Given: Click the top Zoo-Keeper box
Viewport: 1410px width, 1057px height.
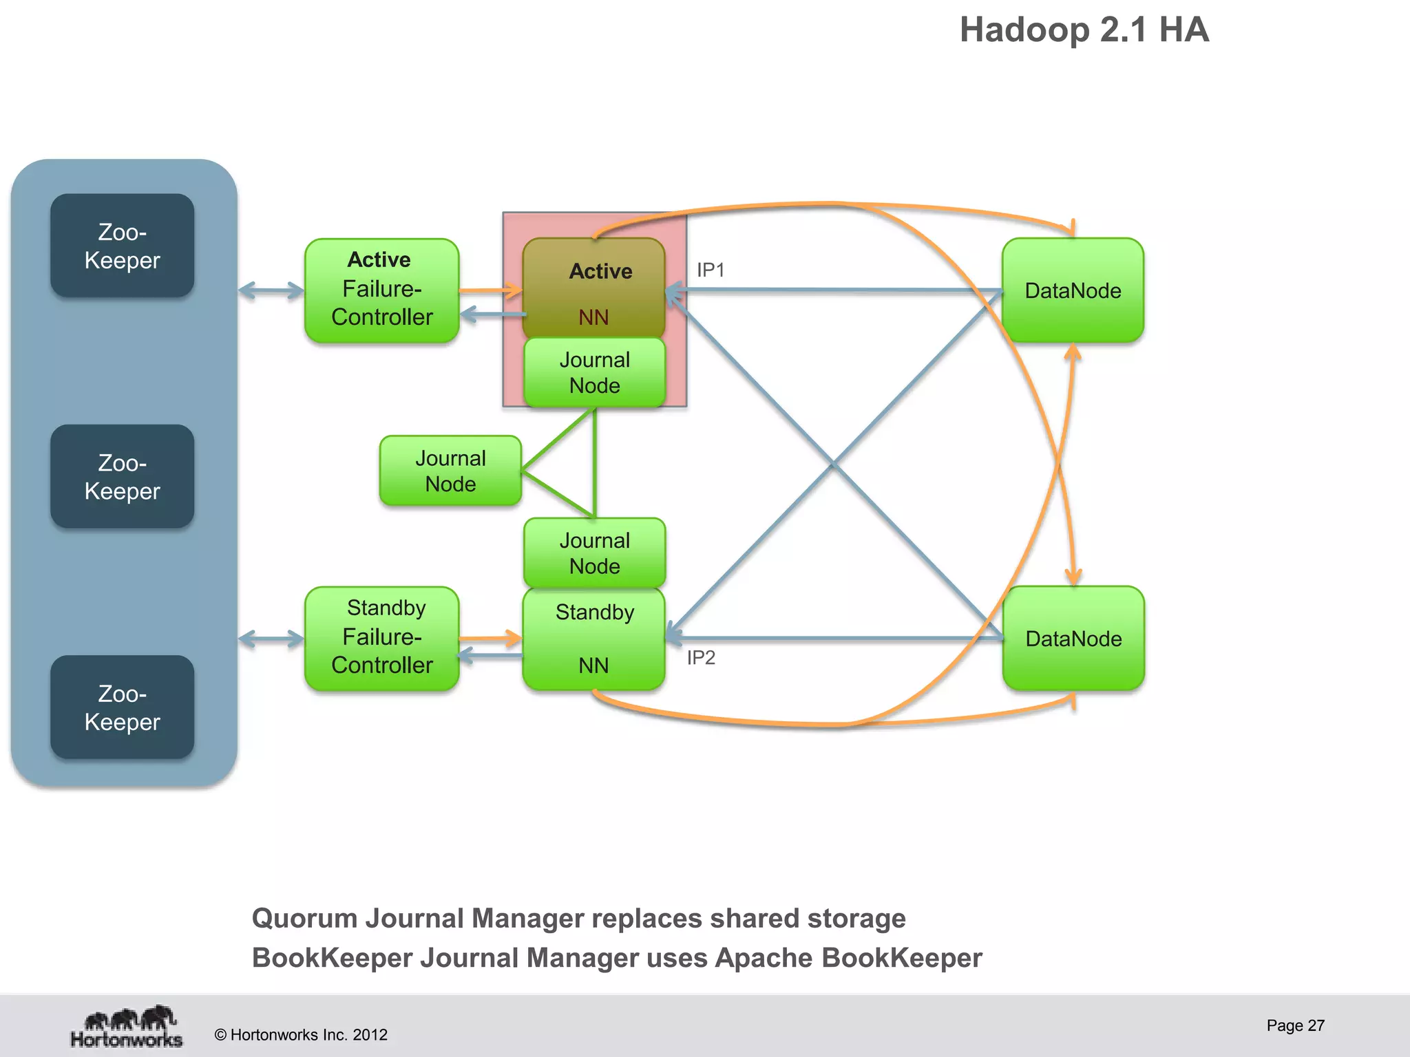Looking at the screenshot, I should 122,246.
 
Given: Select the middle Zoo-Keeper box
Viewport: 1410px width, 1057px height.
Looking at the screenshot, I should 122,476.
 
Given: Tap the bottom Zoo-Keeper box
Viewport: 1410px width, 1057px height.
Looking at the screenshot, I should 122,707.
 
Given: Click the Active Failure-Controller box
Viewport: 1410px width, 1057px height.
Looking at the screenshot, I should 381,290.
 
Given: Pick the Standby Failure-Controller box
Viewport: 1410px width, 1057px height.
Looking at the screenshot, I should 381,638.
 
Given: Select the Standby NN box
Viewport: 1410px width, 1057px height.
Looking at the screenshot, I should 593,639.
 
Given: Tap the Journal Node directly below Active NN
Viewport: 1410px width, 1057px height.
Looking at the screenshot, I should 594,372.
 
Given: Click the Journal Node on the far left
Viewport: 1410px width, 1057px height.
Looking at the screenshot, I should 450,471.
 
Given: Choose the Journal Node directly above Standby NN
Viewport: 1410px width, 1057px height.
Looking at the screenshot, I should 594,553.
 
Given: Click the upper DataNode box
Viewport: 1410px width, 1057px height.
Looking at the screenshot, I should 1073,290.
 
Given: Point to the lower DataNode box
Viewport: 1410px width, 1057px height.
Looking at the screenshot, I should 1073,639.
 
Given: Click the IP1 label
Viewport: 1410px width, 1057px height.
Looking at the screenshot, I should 711,270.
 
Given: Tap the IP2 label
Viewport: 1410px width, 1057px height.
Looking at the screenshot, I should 701,658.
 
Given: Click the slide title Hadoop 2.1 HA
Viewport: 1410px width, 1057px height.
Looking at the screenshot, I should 1084,30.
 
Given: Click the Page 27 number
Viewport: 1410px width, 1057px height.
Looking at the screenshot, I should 1295,1025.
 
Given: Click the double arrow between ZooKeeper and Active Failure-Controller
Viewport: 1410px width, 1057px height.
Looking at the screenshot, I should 271,290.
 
